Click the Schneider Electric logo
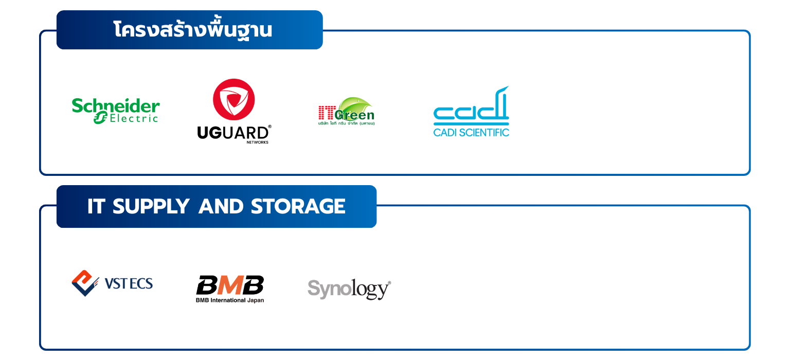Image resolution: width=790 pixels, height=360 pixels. [x=116, y=110]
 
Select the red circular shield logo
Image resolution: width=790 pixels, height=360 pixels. [x=234, y=99]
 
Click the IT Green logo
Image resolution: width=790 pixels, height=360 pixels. [x=346, y=111]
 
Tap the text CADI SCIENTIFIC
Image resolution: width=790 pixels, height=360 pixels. [x=471, y=132]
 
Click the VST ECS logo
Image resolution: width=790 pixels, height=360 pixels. [x=112, y=283]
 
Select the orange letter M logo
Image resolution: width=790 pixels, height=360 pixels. [x=230, y=285]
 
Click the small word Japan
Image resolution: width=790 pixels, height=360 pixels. [x=256, y=300]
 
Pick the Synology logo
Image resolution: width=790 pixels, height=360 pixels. [x=349, y=289]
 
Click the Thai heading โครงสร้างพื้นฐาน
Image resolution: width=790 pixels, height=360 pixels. [x=192, y=30]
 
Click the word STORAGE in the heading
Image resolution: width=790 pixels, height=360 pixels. [x=298, y=207]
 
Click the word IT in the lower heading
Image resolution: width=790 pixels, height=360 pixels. [x=96, y=207]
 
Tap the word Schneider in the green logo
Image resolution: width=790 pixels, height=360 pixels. [x=116, y=106]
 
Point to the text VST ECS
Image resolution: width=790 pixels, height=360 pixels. [x=129, y=283]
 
